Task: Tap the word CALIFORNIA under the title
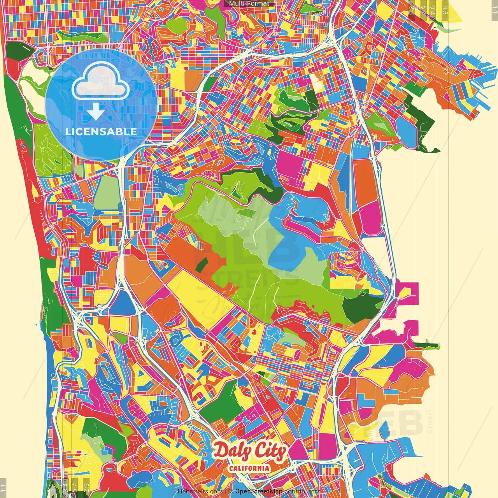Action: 249,468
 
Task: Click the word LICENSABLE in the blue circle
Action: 101,132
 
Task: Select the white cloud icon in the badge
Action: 101,81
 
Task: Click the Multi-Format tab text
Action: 249,4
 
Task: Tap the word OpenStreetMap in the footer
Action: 258,491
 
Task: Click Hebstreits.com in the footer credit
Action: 200,491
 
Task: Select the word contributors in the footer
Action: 302,491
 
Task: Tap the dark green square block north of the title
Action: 220,401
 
